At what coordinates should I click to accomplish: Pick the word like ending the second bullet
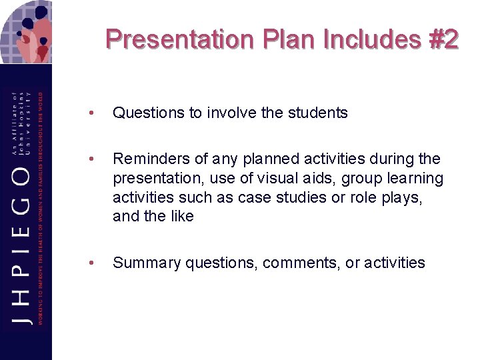click(181, 217)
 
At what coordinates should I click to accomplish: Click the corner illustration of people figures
click(27, 30)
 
